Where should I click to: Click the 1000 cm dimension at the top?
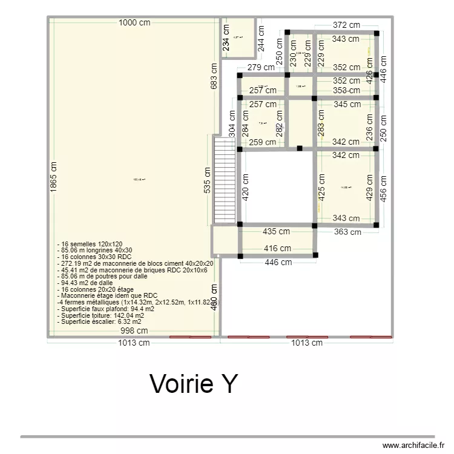coord(134,23)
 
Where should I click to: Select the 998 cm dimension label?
coord(134,331)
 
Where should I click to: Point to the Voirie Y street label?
coord(194,383)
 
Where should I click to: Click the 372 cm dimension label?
coord(346,25)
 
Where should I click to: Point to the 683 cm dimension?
coord(214,76)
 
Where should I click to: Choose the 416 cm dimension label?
coord(278,248)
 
